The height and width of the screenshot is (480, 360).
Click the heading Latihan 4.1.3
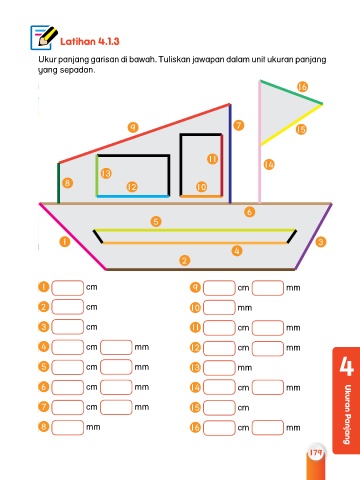[x=90, y=42]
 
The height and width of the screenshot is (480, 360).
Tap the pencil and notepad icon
[x=44, y=37]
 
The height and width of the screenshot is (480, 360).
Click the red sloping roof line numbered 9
[x=144, y=133]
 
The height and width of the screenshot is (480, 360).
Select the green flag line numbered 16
[x=291, y=92]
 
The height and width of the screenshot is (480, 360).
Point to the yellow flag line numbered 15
[x=291, y=125]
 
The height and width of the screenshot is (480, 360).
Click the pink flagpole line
[x=259, y=141]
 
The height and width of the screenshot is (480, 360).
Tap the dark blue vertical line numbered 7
[x=230, y=154]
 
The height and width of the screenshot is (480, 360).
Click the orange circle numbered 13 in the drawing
[x=106, y=173]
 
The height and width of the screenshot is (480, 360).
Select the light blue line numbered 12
[x=133, y=196]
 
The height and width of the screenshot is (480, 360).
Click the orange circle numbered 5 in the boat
[x=156, y=221]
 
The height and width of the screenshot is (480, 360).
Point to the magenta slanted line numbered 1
[x=73, y=236]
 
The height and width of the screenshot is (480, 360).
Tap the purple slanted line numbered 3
[x=313, y=236]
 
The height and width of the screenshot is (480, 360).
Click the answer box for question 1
[x=68, y=288]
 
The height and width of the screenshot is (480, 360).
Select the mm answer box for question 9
[x=268, y=288]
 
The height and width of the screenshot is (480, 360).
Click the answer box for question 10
[x=219, y=308]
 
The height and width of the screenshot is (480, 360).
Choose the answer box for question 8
[x=68, y=427]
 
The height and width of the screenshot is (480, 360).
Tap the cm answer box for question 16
[x=219, y=428]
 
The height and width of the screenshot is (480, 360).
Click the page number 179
[x=315, y=452]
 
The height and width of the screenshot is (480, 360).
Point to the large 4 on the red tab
[x=347, y=366]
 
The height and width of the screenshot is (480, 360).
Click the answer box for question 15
[x=219, y=408]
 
